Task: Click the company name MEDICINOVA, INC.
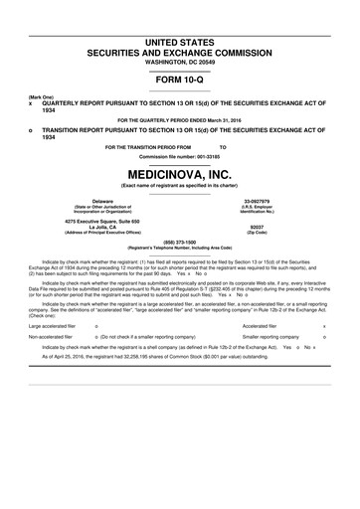(180, 175)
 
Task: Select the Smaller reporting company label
(266, 337)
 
